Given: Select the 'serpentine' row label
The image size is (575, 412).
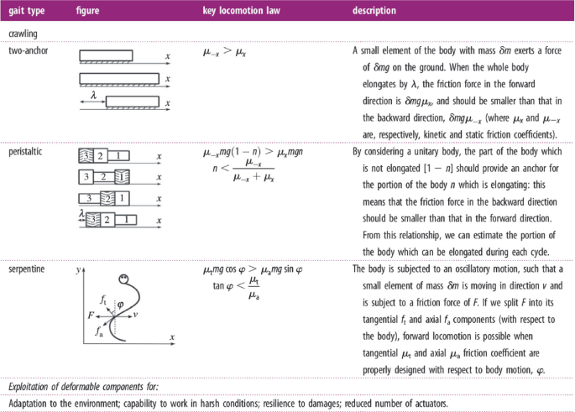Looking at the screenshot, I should (x=28, y=269).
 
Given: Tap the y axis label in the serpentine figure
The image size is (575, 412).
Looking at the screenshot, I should (x=76, y=271).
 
